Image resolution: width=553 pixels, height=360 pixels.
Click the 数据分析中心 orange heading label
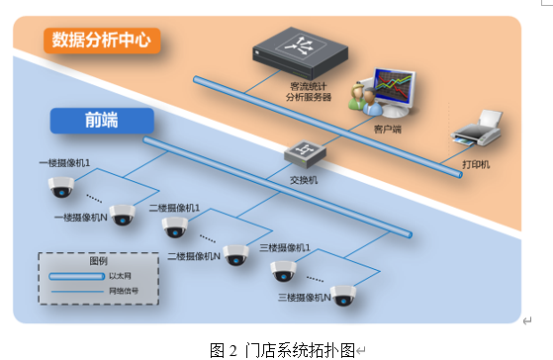[103, 42]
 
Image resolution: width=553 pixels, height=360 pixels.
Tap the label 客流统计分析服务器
[310, 93]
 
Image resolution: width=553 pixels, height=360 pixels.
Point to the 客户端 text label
[389, 129]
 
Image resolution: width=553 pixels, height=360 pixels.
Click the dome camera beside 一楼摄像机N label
[123, 215]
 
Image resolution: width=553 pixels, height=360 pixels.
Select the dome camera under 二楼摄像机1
[175, 228]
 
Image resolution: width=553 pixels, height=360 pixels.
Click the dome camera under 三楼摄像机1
[284, 269]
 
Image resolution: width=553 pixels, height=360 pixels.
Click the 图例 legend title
[98, 261]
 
